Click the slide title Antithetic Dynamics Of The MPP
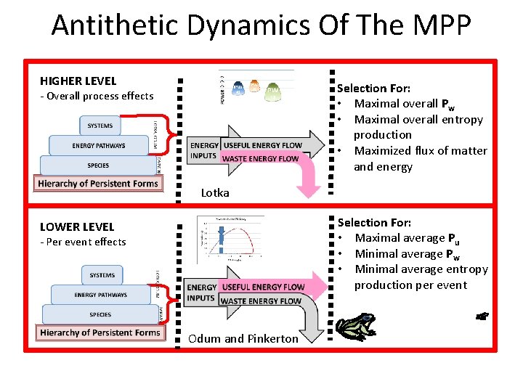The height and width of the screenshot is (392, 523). (x=261, y=25)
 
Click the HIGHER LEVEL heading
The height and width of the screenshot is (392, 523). (x=78, y=81)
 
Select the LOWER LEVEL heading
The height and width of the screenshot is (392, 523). (x=77, y=226)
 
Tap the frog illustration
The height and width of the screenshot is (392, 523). (x=355, y=327)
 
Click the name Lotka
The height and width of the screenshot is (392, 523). (x=215, y=192)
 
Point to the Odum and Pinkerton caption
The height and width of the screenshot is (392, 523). (x=243, y=338)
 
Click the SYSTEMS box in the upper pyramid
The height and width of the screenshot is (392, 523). (x=100, y=126)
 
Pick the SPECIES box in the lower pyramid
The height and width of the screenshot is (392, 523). (x=100, y=314)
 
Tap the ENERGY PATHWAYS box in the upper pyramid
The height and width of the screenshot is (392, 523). (x=99, y=145)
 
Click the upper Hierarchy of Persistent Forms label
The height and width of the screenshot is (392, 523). (x=98, y=184)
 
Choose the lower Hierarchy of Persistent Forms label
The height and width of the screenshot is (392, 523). (x=100, y=332)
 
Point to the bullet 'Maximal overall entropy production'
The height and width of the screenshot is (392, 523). (x=418, y=127)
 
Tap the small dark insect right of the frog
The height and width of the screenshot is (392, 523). (x=482, y=316)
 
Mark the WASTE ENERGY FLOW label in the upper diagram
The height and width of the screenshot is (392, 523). (x=260, y=158)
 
